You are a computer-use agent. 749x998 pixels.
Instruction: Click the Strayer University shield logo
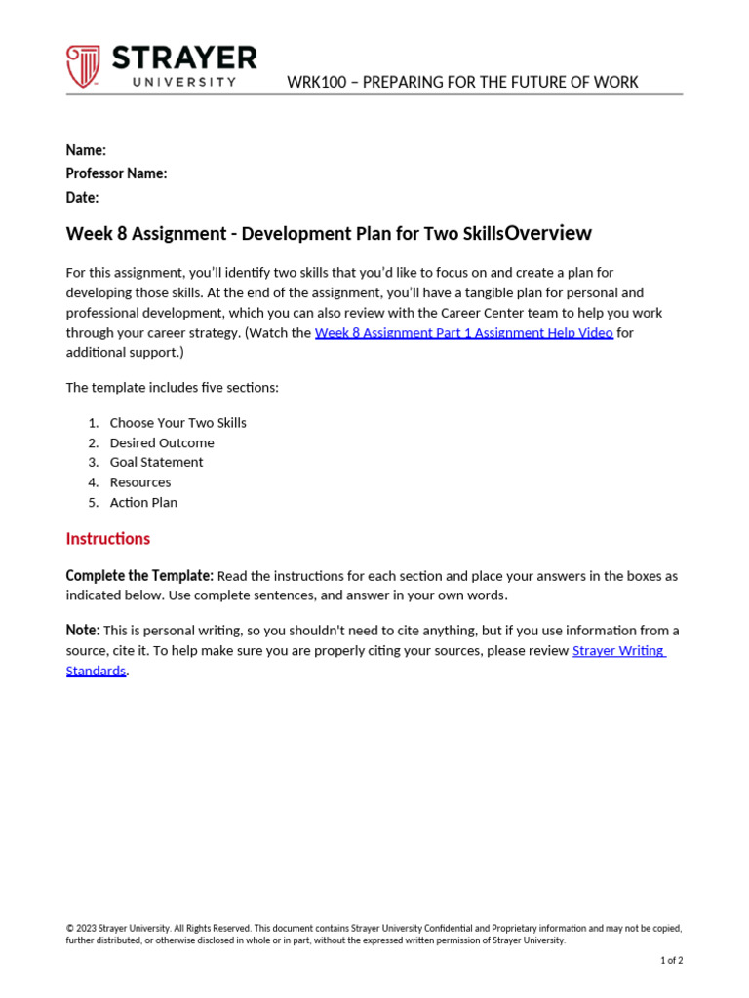(x=83, y=66)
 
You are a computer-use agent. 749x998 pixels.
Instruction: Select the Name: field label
(x=86, y=150)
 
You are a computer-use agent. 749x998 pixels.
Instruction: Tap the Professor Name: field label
(x=116, y=173)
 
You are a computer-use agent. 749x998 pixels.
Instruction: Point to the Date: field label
(x=82, y=198)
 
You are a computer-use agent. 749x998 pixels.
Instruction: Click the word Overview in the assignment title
(x=548, y=233)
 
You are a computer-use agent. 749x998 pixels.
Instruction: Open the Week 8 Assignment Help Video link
(x=463, y=332)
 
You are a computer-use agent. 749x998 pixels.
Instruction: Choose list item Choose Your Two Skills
(x=177, y=423)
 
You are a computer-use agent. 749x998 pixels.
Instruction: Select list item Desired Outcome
(x=162, y=442)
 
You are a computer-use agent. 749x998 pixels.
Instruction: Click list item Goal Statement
(x=156, y=462)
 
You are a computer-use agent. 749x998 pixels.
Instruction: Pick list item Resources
(x=140, y=482)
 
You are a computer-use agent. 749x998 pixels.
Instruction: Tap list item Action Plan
(x=143, y=502)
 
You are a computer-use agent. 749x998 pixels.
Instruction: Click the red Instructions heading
(x=108, y=539)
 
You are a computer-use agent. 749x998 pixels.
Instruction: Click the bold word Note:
(x=83, y=631)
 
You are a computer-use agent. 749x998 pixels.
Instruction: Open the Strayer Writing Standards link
(x=618, y=650)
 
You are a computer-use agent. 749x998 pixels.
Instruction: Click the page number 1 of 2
(x=671, y=960)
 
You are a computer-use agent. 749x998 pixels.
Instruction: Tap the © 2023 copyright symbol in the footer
(x=70, y=929)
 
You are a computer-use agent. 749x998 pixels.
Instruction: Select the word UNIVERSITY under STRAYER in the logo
(x=184, y=83)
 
